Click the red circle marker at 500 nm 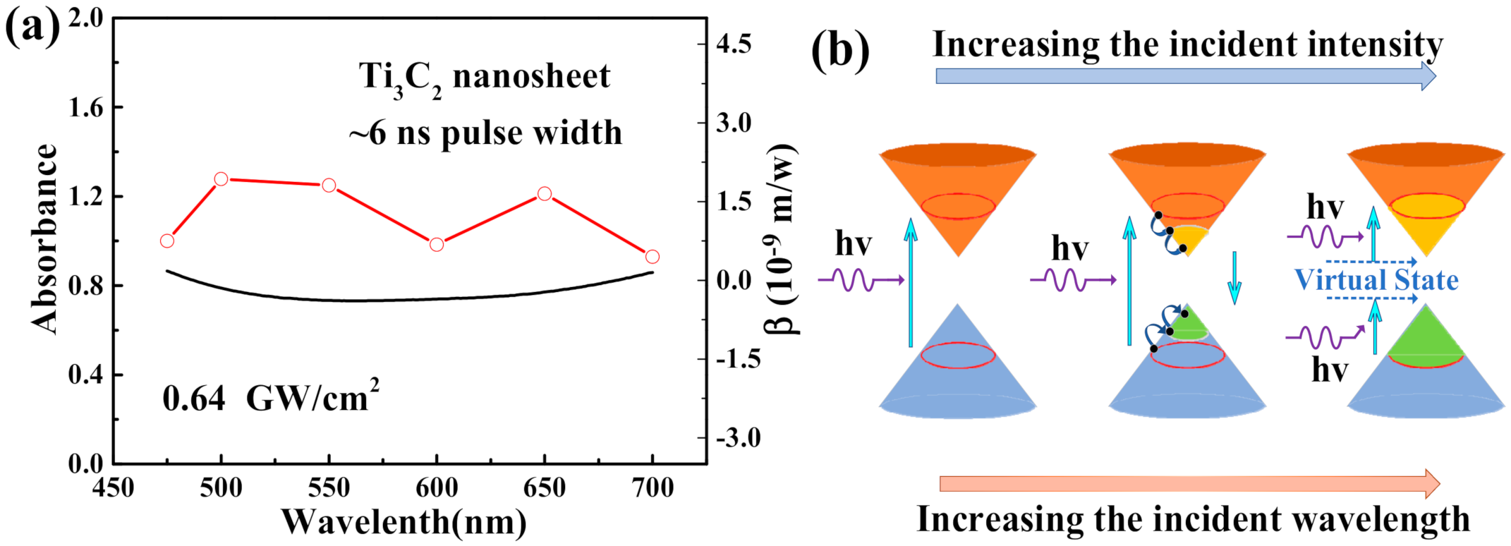point(221,179)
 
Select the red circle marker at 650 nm point(545,193)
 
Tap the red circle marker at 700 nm point(653,257)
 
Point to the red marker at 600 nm point(437,245)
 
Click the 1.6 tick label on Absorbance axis point(85,107)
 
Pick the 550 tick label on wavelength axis point(329,488)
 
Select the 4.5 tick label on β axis point(734,44)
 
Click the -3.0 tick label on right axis point(738,438)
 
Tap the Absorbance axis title point(44,238)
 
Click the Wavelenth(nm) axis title point(403,523)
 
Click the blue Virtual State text point(1376,280)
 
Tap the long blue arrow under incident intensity point(1185,76)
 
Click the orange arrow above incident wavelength point(1189,484)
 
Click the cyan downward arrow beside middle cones point(1234,278)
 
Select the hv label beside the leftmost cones point(853,244)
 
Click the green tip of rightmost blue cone point(1426,339)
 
